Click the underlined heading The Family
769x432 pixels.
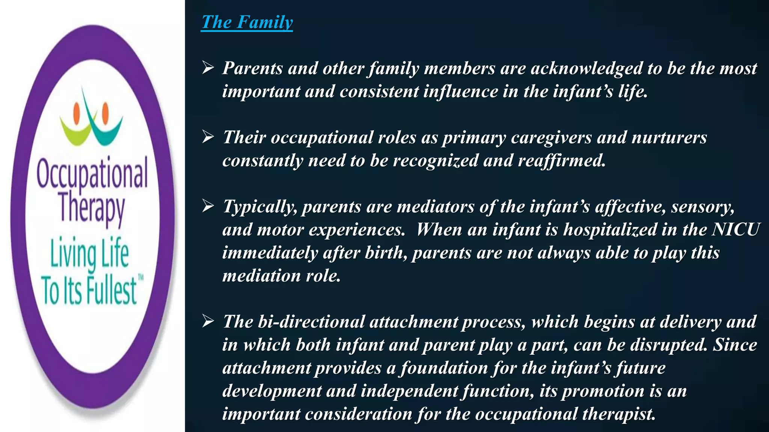pos(247,22)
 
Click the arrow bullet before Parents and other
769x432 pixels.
pos(208,68)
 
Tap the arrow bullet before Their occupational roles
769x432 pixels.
pos(208,137)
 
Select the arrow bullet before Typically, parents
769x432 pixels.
pos(208,206)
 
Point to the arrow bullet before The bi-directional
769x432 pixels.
pos(208,321)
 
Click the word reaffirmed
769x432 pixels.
pos(562,160)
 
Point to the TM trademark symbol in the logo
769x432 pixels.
pos(141,278)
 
